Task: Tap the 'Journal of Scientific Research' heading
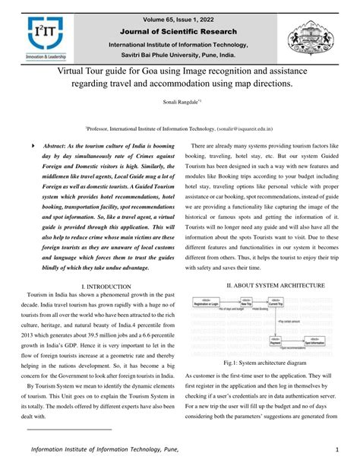click(179, 31)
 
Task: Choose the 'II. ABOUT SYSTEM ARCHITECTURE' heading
click(265, 285)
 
